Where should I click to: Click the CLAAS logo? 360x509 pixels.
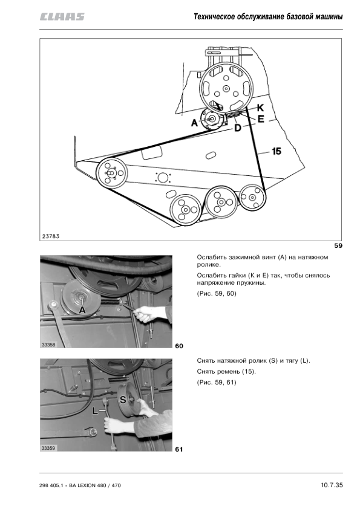coord(62,16)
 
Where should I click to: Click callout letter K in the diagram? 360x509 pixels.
coord(260,108)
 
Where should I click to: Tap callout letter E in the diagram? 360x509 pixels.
coord(261,119)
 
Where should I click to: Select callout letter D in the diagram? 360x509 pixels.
coord(238,128)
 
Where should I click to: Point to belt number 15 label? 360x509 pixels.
coord(277,151)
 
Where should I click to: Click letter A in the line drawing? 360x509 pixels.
coord(194,123)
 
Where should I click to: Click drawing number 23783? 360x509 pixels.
coord(51,236)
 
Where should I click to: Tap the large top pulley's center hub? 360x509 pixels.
coord(226,88)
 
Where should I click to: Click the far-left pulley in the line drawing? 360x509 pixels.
coord(111,173)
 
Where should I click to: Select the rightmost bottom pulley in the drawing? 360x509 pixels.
coord(252,197)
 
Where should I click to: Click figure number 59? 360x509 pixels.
coord(338,246)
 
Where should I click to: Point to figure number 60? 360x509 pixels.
coord(179,346)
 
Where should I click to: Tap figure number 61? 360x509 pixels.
coord(179,449)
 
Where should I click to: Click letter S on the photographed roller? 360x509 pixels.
coord(123,400)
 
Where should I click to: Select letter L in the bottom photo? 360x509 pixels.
coord(95,411)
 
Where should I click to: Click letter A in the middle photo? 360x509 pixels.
coord(82,310)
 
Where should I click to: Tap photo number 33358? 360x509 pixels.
coord(48,345)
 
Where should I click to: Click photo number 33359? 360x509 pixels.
coord(48,448)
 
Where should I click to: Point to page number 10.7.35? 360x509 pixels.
coord(332,485)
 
